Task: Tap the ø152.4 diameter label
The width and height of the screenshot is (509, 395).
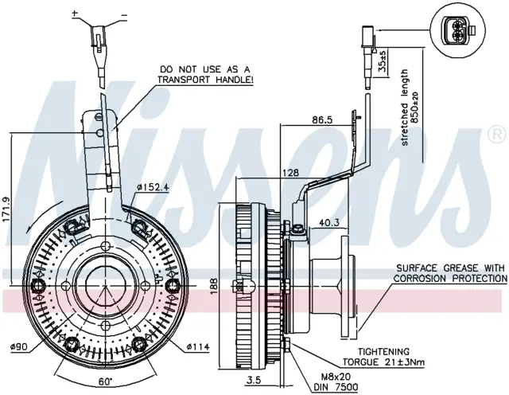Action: point(153,187)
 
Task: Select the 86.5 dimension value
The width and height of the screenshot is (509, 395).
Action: point(322,119)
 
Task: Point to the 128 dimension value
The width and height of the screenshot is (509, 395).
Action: point(290,172)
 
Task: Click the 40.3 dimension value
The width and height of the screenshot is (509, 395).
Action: point(328,222)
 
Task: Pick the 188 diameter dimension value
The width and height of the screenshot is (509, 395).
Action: point(213,286)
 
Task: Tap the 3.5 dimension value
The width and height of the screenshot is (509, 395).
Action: point(254,380)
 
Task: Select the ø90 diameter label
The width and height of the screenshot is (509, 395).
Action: point(19,347)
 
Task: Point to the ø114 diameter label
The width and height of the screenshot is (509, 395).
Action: point(198,347)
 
